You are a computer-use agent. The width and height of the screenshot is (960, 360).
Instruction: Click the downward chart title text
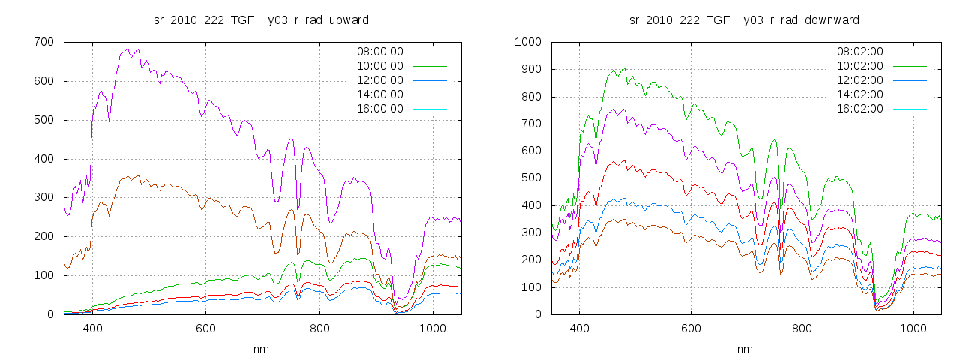click(744, 19)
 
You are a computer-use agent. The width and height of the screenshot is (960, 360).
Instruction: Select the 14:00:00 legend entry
click(380, 94)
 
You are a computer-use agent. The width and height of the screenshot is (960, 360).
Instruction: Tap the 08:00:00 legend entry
click(380, 52)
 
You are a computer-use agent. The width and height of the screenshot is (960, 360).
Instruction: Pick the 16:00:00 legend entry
click(380, 108)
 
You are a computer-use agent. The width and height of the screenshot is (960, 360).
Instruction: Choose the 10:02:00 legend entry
click(860, 66)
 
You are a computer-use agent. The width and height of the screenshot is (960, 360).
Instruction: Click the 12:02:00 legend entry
click(860, 79)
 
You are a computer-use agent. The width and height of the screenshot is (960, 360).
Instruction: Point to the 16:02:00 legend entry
click(860, 108)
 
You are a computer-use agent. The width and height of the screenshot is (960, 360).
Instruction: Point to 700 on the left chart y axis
click(43, 42)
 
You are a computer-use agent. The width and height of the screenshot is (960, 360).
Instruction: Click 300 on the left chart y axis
click(43, 197)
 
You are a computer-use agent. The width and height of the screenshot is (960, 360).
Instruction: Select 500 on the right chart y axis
click(530, 178)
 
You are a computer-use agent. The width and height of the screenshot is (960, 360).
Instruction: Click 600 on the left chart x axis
click(205, 328)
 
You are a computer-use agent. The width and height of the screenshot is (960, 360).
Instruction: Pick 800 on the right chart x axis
click(802, 328)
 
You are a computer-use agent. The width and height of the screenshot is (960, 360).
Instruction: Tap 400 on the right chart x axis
click(579, 328)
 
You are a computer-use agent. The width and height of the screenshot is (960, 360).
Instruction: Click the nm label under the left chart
click(261, 349)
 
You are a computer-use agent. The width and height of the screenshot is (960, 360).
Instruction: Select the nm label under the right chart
click(744, 349)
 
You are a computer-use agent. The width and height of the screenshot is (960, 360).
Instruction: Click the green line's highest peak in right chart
click(623, 68)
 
